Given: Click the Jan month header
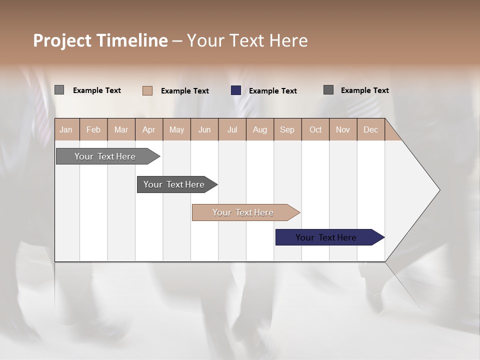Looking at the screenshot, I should pyautogui.click(x=66, y=129).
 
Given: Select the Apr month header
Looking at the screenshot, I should pyautogui.click(x=148, y=129).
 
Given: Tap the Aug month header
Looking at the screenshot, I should pyautogui.click(x=259, y=129).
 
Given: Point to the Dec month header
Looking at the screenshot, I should pyautogui.click(x=370, y=129).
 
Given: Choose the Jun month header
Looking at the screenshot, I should pyautogui.click(x=204, y=129).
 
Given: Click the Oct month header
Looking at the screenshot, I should pyautogui.click(x=315, y=129).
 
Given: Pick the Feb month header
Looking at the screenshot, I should pyautogui.click(x=93, y=129).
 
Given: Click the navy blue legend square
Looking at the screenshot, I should pyautogui.click(x=236, y=90).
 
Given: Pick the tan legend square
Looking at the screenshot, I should pyautogui.click(x=147, y=90).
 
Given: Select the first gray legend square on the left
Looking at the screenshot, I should pyautogui.click(x=59, y=90).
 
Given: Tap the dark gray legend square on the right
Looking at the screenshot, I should pyautogui.click(x=328, y=90).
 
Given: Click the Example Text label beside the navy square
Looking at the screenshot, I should pyautogui.click(x=272, y=90).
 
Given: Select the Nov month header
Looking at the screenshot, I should pyautogui.click(x=343, y=129).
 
